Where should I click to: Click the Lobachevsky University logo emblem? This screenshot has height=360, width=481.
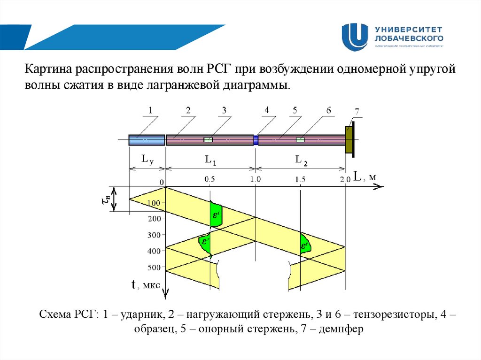coord(355,37)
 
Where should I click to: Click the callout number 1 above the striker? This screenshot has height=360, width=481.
coord(150,110)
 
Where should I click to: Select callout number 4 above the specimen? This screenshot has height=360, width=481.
coord(267,110)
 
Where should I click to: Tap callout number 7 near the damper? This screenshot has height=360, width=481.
coord(357,112)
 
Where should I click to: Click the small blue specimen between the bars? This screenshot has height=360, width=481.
coord(256,140)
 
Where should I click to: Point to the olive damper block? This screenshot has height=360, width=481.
coord(349,139)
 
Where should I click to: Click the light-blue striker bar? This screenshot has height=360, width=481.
coord(147,140)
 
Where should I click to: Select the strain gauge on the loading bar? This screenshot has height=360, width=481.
coord(208,139)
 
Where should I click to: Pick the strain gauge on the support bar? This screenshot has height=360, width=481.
coord(300,139)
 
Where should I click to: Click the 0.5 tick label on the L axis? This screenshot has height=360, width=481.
coord(209,179)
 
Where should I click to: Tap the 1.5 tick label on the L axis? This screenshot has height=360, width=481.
coord(301,179)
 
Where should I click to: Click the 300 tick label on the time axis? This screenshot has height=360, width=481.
coord(154,235)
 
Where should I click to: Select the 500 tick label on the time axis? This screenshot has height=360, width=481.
coord(154,268)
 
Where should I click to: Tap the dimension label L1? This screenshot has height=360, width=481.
coord(210,160)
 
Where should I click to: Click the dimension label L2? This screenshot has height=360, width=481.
coord(301,160)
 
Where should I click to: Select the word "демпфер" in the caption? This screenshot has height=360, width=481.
coord(340,329)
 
